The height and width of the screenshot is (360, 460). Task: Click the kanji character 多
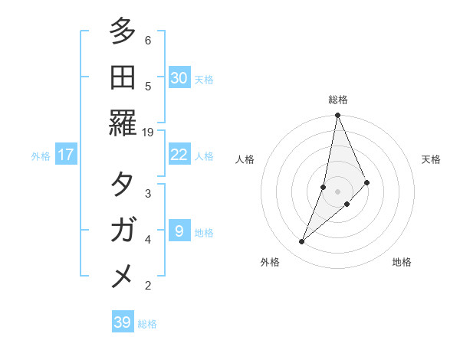click(x=123, y=31)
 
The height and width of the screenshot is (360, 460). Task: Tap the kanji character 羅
click(x=123, y=123)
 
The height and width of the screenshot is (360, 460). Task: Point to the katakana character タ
click(x=123, y=185)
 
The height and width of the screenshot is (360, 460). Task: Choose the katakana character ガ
click(x=123, y=230)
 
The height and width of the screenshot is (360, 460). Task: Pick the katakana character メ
click(x=123, y=276)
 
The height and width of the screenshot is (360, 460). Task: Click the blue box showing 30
click(x=179, y=78)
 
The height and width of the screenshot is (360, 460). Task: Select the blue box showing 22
click(x=179, y=155)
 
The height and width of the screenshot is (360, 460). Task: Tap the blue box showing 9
click(x=179, y=231)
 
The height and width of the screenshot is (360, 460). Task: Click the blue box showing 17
click(x=66, y=155)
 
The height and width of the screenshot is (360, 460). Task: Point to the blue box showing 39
click(x=123, y=322)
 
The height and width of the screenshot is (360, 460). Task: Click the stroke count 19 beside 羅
click(x=148, y=133)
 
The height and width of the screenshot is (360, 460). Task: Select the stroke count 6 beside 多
click(x=148, y=40)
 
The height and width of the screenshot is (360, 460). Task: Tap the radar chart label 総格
click(x=338, y=100)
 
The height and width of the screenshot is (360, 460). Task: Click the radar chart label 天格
click(x=432, y=159)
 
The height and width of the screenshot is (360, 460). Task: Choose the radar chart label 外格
click(x=270, y=262)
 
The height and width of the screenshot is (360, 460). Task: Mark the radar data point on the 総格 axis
click(x=337, y=116)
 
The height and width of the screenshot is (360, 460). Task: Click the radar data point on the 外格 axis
click(x=302, y=242)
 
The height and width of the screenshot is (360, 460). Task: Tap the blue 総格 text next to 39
click(x=148, y=324)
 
